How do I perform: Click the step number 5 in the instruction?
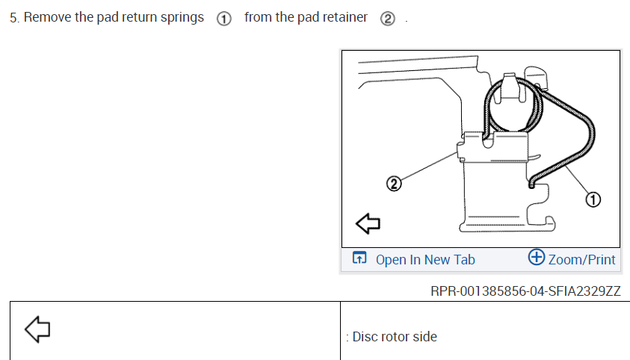(x=13, y=17)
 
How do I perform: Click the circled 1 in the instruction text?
(x=223, y=19)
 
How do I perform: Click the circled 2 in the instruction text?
(x=387, y=19)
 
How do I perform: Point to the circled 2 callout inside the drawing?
(x=393, y=181)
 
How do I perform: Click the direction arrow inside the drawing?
(x=368, y=223)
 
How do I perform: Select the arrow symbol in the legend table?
(x=37, y=329)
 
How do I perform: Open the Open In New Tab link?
(x=424, y=260)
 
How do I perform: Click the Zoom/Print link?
(x=581, y=260)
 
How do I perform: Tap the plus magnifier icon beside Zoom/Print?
(x=536, y=258)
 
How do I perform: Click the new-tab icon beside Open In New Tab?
(x=359, y=259)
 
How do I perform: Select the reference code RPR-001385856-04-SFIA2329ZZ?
(x=525, y=291)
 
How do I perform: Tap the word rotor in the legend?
(x=396, y=337)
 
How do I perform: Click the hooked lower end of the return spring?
(x=531, y=180)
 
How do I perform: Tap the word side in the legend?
(x=425, y=337)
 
